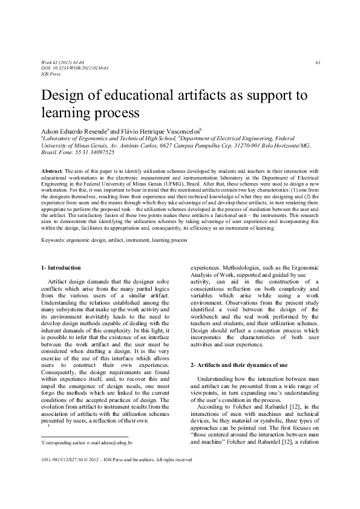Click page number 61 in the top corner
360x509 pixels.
pos(318,63)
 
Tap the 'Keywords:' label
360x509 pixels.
pos(54,239)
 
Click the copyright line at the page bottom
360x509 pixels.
pos(116,476)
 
